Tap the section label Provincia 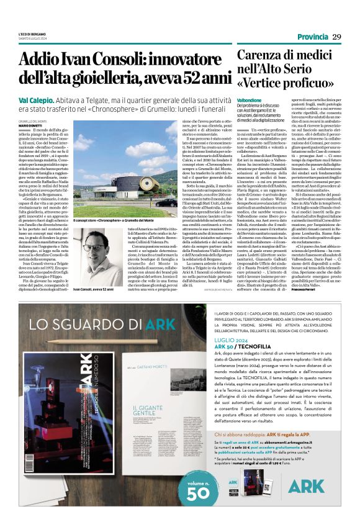coord(313,37)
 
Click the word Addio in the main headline coord(44,60)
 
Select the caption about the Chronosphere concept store coord(114,220)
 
